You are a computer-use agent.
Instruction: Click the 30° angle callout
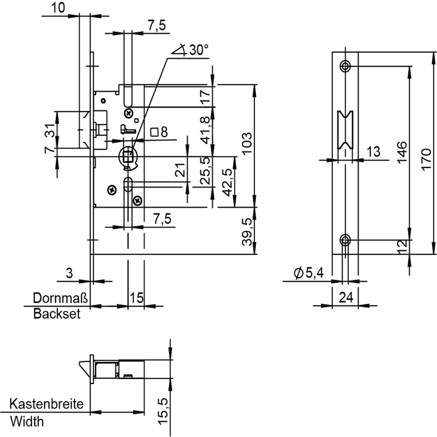pyautogui.click(x=189, y=50)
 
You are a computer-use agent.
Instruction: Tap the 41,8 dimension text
pyautogui.click(x=205, y=129)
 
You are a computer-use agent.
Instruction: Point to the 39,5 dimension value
pyautogui.click(x=246, y=231)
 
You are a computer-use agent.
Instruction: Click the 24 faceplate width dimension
pyautogui.click(x=345, y=296)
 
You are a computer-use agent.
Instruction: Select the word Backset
pyautogui.click(x=56, y=314)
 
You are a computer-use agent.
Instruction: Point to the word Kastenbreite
pyautogui.click(x=46, y=405)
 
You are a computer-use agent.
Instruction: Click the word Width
pyautogui.click(x=26, y=422)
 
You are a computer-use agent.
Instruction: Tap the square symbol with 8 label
pyautogui.click(x=159, y=133)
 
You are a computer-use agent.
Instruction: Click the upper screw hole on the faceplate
pyautogui.click(x=345, y=67)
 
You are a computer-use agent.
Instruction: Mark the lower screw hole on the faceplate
pyautogui.click(x=345, y=239)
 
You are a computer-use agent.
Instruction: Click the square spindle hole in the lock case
pyautogui.click(x=128, y=155)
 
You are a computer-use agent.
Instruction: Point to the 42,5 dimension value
pyautogui.click(x=226, y=182)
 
